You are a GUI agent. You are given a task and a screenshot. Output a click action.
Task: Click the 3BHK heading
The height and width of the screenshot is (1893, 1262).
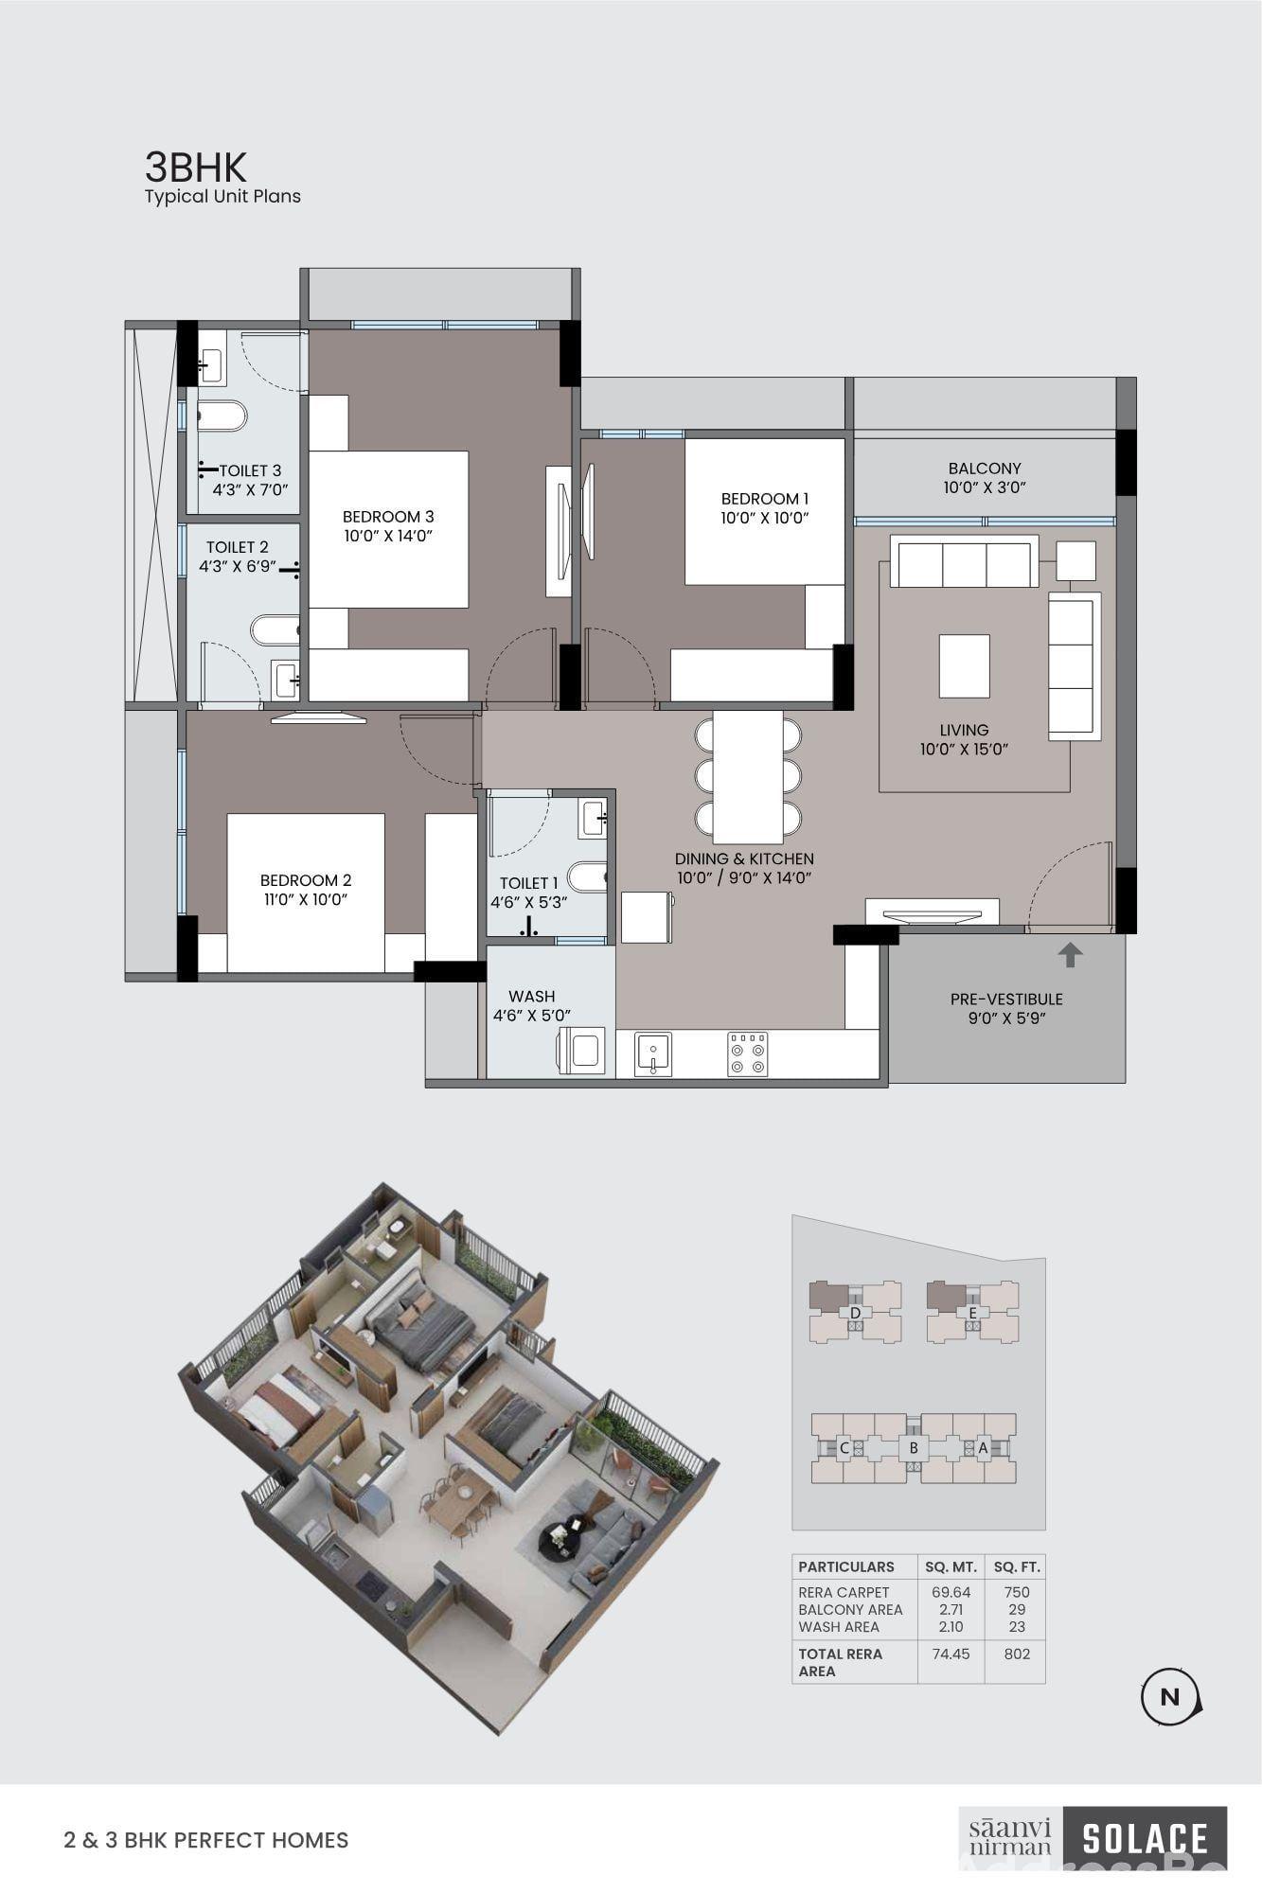pos(195,168)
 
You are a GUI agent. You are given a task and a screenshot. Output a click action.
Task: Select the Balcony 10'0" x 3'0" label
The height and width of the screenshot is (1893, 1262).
pos(985,478)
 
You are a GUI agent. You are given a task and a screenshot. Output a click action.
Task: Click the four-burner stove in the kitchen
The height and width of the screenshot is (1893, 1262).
pos(748,1054)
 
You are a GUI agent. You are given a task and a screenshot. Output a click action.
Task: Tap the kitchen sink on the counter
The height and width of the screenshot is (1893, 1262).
pos(653,1054)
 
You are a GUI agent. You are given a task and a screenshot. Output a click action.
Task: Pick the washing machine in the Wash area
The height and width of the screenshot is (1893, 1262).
pos(580,1051)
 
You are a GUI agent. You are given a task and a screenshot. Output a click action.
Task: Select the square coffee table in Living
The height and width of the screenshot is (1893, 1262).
pos(964,666)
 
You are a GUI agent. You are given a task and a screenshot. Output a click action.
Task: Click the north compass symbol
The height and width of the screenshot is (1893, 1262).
pos(1170,1697)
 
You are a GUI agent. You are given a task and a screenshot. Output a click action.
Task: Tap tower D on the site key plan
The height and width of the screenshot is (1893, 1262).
pos(855,1313)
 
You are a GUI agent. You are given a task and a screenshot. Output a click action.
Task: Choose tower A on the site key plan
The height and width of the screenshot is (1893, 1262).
pos(983,1447)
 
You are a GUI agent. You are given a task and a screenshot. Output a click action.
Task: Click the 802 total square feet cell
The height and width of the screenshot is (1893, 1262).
pos(1017,1654)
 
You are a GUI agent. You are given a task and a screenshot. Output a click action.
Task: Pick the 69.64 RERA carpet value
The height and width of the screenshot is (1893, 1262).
pos(951,1592)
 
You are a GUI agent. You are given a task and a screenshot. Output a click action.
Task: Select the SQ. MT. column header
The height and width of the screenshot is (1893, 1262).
pos(950,1566)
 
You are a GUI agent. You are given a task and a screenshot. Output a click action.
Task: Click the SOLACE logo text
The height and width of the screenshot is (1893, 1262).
pos(1145,1839)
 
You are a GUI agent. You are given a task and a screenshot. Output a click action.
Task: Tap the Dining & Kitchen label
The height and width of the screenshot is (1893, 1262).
pos(744,868)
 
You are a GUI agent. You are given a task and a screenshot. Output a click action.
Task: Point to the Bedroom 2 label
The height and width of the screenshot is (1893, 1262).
pos(306,890)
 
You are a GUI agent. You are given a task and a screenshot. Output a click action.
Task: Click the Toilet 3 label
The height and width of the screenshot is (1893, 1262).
pos(250,480)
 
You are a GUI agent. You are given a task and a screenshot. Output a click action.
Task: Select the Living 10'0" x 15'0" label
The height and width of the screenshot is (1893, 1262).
pos(964,739)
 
